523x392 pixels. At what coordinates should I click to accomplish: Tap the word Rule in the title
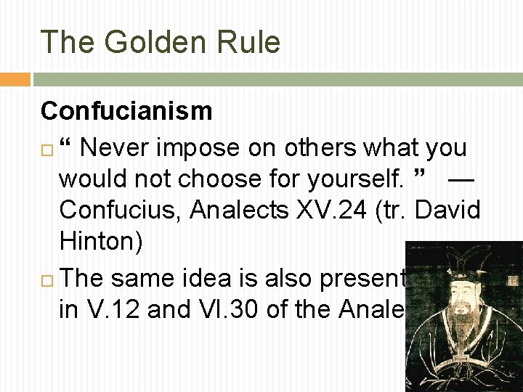click(250, 42)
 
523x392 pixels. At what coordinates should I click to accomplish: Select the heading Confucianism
click(126, 111)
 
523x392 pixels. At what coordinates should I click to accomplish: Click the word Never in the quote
click(115, 147)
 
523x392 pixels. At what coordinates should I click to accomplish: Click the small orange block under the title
click(15, 79)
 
